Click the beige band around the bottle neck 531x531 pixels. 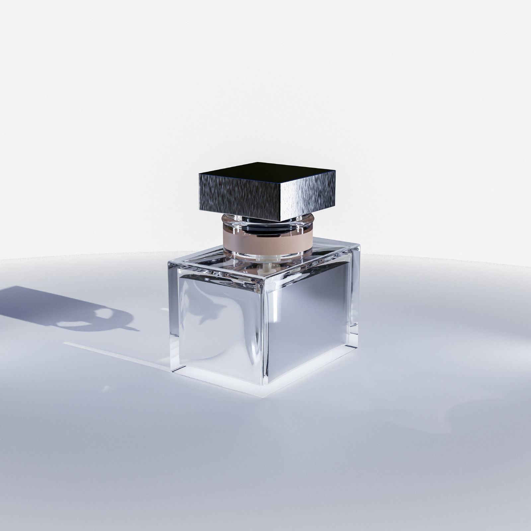267,242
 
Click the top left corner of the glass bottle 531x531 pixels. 168,262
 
